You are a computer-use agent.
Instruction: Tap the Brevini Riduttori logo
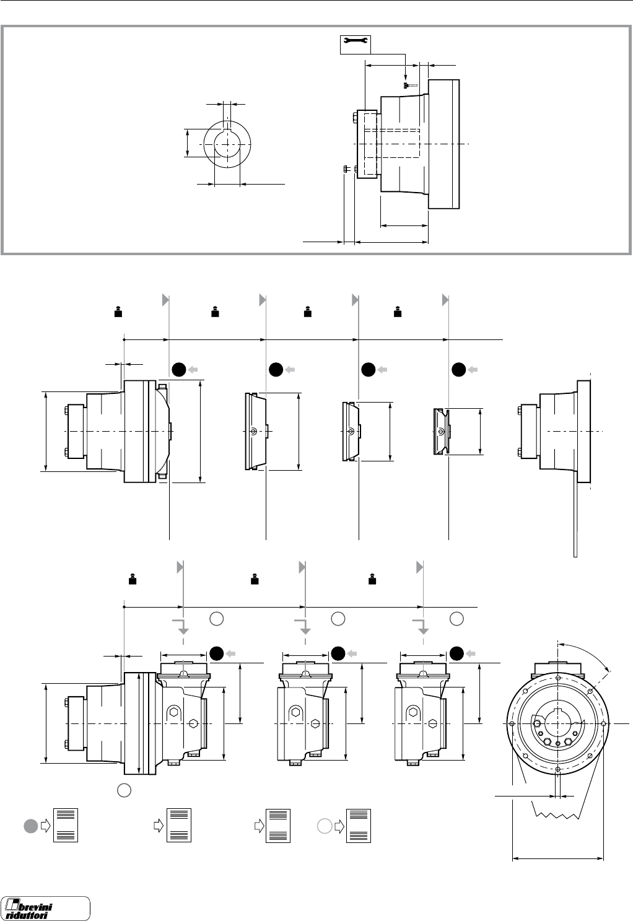point(46,908)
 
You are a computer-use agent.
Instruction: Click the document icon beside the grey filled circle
point(66,825)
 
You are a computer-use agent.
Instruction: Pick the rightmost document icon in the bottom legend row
point(359,825)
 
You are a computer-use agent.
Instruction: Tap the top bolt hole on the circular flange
point(559,678)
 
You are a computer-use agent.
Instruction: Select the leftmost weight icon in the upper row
point(117,312)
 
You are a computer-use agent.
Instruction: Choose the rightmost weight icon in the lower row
point(372,580)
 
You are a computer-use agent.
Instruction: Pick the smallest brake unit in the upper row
point(442,432)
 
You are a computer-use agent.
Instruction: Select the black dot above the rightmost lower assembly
point(456,653)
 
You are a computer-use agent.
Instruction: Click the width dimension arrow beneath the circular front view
point(557,858)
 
